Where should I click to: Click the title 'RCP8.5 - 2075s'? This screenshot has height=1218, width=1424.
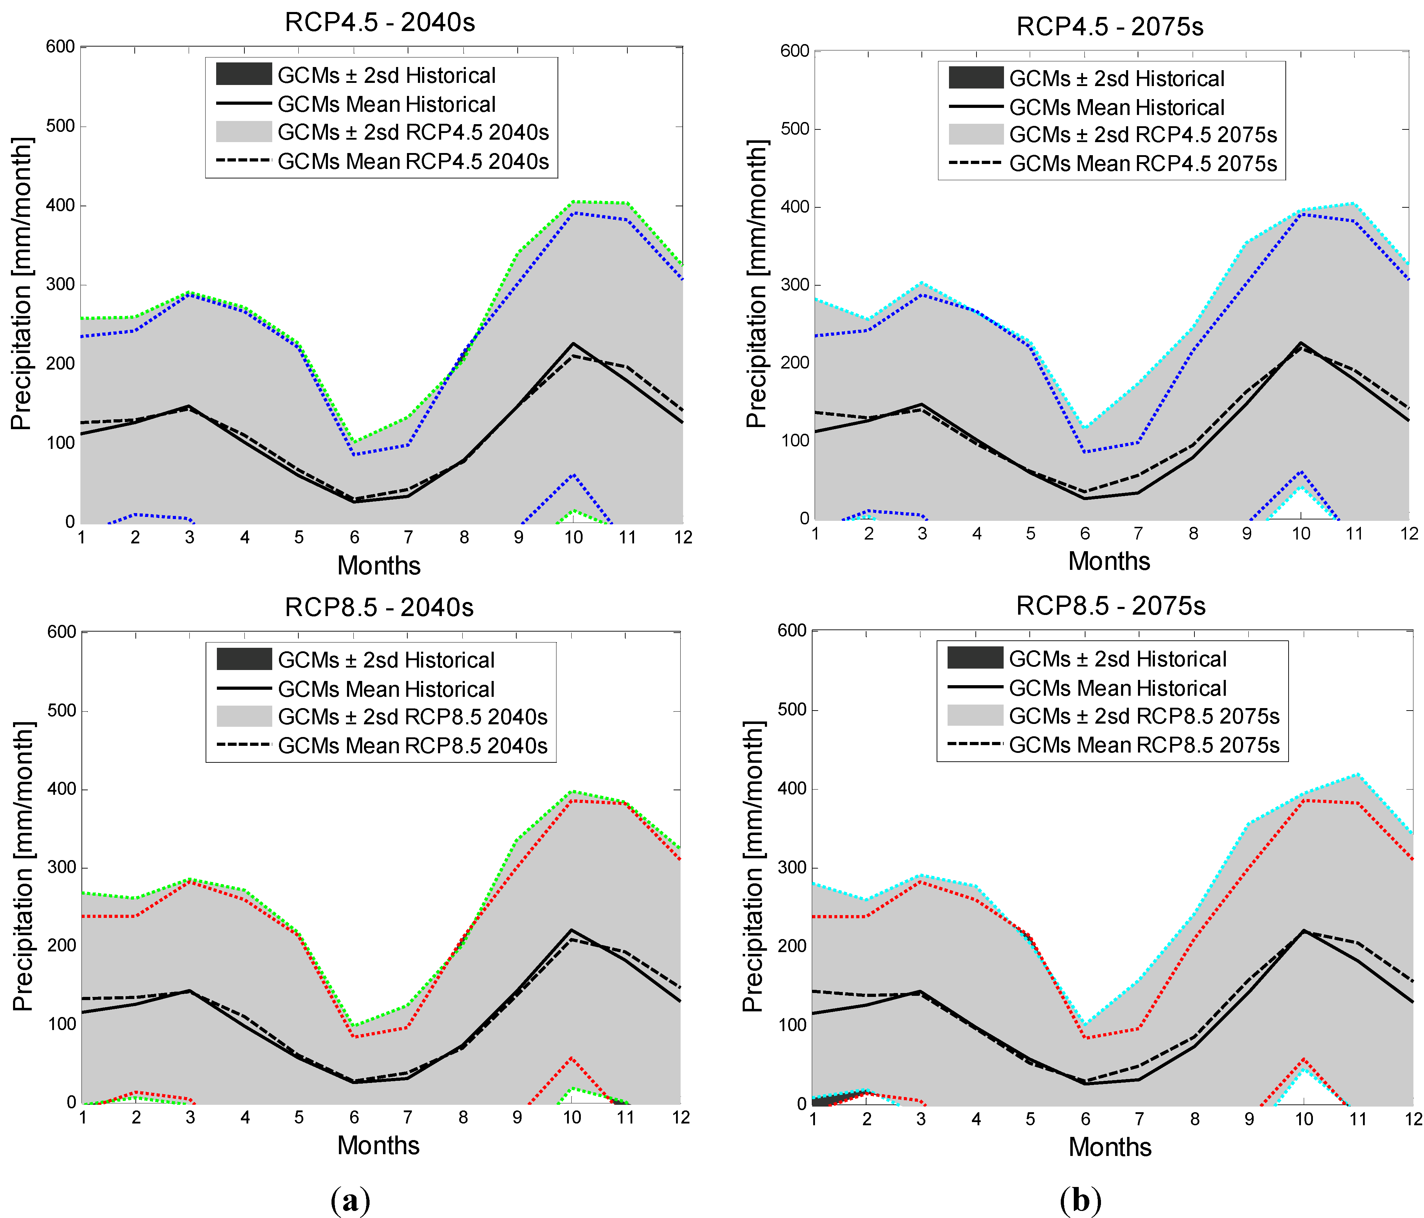pyautogui.click(x=1110, y=605)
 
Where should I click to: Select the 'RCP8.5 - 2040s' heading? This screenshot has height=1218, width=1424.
pyautogui.click(x=379, y=607)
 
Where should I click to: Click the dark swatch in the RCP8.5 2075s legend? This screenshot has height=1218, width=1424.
pyautogui.click(x=975, y=658)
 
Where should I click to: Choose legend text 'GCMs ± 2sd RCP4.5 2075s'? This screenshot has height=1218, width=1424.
pyautogui.click(x=1143, y=135)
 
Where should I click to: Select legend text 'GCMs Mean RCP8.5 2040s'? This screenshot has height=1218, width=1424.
pyautogui.click(x=412, y=746)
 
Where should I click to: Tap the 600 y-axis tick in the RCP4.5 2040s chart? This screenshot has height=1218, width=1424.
pyautogui.click(x=60, y=47)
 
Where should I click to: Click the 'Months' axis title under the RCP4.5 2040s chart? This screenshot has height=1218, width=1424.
pyautogui.click(x=379, y=565)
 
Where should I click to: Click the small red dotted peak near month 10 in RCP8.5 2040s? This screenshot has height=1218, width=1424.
pyautogui.click(x=572, y=1058)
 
